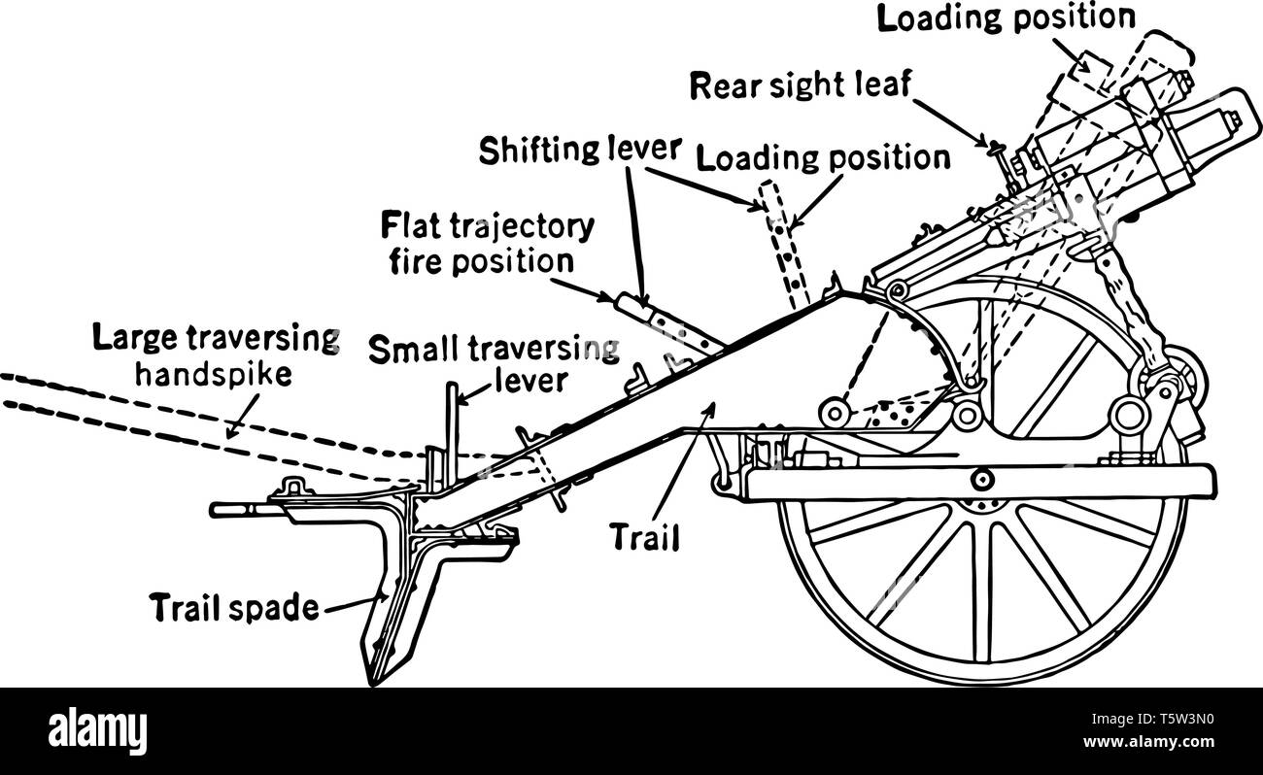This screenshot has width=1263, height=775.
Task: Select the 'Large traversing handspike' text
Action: click(x=215, y=356)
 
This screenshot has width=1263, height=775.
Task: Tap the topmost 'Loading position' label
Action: click(x=1006, y=18)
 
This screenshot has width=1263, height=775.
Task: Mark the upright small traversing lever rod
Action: click(x=452, y=427)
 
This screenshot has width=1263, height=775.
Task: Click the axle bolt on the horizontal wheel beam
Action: click(x=981, y=478)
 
